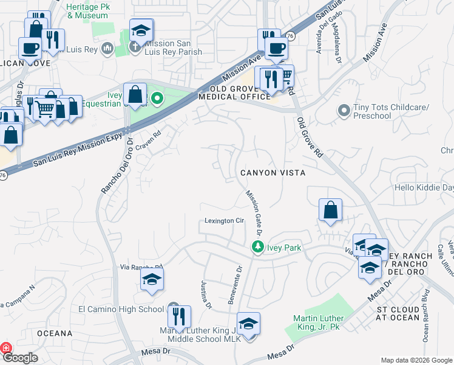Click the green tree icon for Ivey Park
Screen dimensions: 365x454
pyautogui.click(x=257, y=247)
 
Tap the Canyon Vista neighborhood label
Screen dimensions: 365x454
pyautogui.click(x=272, y=173)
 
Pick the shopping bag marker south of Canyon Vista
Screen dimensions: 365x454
pyautogui.click(x=330, y=210)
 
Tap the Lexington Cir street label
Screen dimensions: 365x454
pyautogui.click(x=224, y=221)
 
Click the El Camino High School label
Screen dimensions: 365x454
pyautogui.click(x=121, y=309)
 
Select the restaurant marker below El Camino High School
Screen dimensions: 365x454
pyautogui.click(x=179, y=317)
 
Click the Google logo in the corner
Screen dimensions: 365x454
pyautogui.click(x=19, y=358)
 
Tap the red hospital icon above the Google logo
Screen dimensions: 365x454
pyautogui.click(x=5, y=348)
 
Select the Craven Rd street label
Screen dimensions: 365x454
pyautogui.click(x=148, y=139)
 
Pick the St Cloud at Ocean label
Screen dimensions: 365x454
pyautogui.click(x=398, y=313)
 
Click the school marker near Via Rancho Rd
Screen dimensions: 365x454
pyautogui.click(x=152, y=280)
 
